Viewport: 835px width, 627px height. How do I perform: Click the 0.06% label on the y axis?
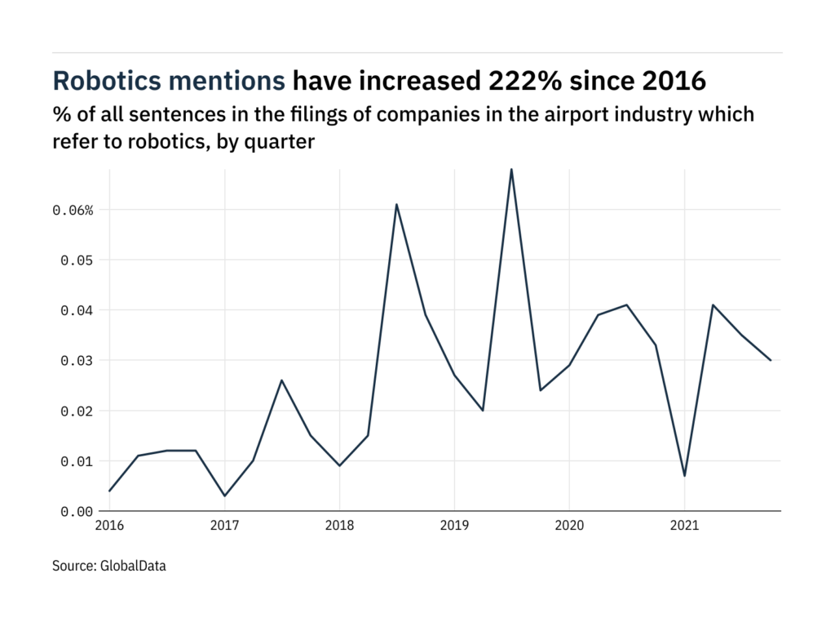(73, 211)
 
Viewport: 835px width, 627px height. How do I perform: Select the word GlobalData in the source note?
(134, 565)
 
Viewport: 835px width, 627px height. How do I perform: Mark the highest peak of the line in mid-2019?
(511, 170)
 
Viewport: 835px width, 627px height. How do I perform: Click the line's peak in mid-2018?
(396, 204)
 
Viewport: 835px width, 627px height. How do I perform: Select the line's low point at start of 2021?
(684, 476)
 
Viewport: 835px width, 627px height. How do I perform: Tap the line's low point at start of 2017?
(224, 496)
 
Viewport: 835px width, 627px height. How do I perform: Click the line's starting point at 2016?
(109, 491)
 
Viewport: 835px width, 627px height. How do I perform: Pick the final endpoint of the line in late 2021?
(771, 360)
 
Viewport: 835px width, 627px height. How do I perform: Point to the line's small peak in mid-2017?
(281, 380)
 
